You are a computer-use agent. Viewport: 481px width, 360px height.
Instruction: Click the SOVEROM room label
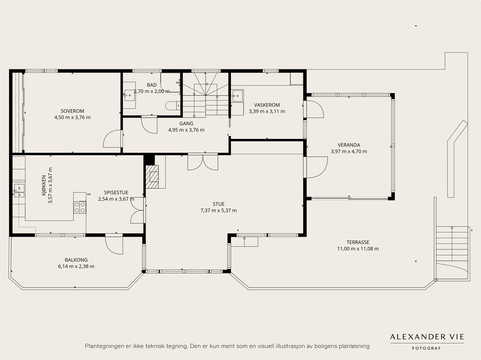(72, 111)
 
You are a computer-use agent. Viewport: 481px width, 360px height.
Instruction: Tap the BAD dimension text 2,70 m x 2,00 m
(152, 91)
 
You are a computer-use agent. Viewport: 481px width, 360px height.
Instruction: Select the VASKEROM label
(267, 105)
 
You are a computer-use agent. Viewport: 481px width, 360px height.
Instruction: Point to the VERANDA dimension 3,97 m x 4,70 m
(349, 151)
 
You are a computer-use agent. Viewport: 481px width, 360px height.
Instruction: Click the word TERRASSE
(358, 242)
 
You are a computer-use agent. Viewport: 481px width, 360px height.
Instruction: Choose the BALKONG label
(76, 260)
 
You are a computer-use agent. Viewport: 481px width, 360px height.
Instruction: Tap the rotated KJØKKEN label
(44, 185)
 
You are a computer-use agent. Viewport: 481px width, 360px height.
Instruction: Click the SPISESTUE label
(116, 193)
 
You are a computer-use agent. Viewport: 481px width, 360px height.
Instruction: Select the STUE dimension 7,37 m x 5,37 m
(219, 210)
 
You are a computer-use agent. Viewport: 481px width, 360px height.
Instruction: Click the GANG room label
(186, 124)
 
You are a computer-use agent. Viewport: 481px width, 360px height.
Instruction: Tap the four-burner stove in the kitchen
(80, 207)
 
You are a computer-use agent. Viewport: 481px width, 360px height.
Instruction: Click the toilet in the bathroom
(173, 106)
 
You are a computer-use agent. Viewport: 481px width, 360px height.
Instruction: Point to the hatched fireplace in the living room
(152, 177)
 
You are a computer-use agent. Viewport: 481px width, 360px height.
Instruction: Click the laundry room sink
(237, 96)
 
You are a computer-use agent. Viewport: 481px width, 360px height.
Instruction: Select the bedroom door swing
(112, 139)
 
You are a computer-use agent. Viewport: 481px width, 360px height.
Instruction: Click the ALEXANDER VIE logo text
(427, 337)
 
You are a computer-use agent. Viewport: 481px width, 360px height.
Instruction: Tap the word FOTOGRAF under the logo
(427, 348)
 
